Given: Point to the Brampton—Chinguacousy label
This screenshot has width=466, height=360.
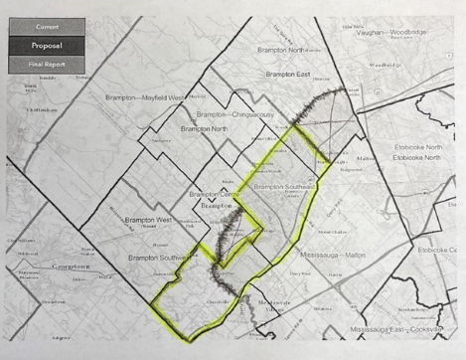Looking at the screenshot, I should tap(236, 114).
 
